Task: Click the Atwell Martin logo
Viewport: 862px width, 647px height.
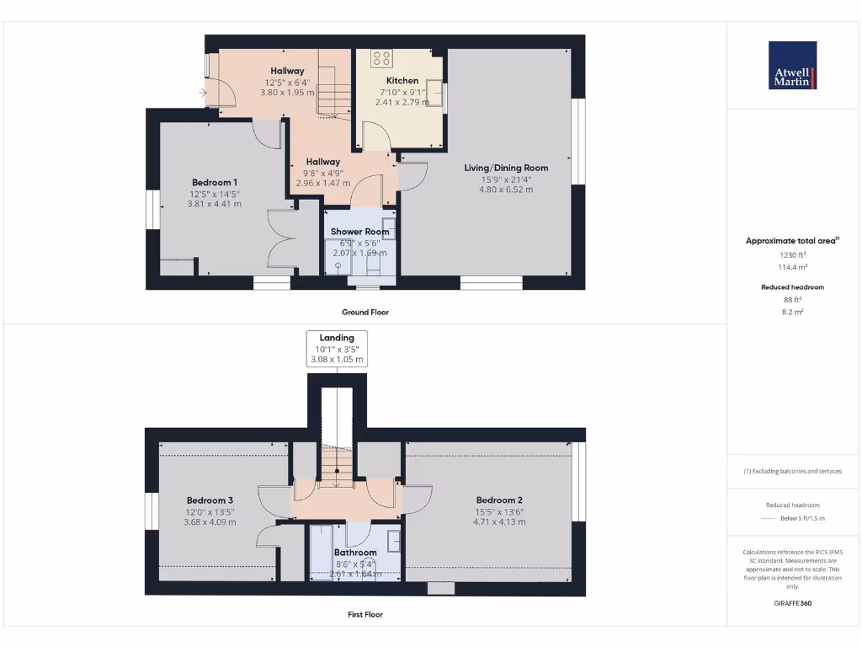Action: point(792,65)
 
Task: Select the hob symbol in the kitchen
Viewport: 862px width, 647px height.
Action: point(381,58)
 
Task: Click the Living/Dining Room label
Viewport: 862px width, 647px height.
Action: point(506,168)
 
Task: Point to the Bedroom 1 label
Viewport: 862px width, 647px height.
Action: point(214,183)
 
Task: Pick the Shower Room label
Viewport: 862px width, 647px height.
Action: point(359,232)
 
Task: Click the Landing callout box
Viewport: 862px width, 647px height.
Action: point(337,349)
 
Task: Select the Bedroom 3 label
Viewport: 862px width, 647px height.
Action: point(210,500)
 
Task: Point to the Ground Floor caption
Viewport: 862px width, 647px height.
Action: point(365,312)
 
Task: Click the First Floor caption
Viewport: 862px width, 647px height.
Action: point(365,614)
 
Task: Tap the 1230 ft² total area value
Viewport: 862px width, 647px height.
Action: point(791,254)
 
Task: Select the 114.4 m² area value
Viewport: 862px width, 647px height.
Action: point(791,266)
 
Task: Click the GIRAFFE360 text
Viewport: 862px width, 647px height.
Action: point(791,603)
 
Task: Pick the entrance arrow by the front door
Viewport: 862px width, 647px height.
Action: point(203,93)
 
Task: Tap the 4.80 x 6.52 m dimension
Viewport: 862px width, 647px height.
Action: point(506,190)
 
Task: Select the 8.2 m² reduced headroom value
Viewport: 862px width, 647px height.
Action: point(791,312)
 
